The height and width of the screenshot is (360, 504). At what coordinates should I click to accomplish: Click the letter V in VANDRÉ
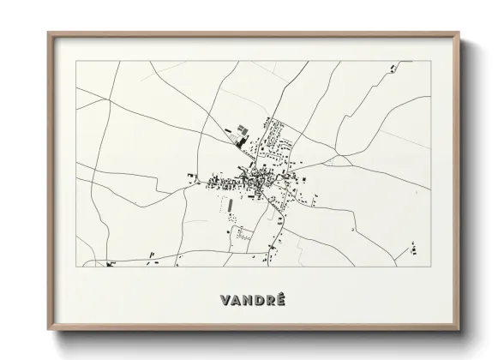point(225,300)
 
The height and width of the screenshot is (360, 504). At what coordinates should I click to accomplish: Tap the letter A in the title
point(236,300)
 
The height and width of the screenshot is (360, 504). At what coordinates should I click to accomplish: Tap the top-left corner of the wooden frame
point(48,33)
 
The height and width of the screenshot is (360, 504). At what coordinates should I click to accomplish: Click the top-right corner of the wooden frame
point(459,33)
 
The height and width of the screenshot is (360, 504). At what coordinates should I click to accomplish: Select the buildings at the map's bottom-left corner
point(111,263)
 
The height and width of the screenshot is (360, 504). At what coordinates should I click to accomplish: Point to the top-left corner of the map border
point(76,61)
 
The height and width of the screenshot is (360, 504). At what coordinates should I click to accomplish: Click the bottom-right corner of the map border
point(430,267)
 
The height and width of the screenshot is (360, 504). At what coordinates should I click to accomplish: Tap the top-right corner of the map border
point(430,61)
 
